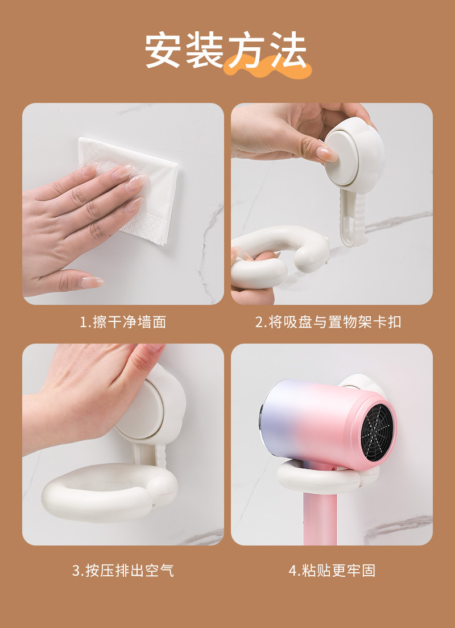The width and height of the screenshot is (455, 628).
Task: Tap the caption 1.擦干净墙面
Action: point(122,322)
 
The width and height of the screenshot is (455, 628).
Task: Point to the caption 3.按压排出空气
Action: point(122,571)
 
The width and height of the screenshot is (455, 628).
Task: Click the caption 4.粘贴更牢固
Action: point(332,571)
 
